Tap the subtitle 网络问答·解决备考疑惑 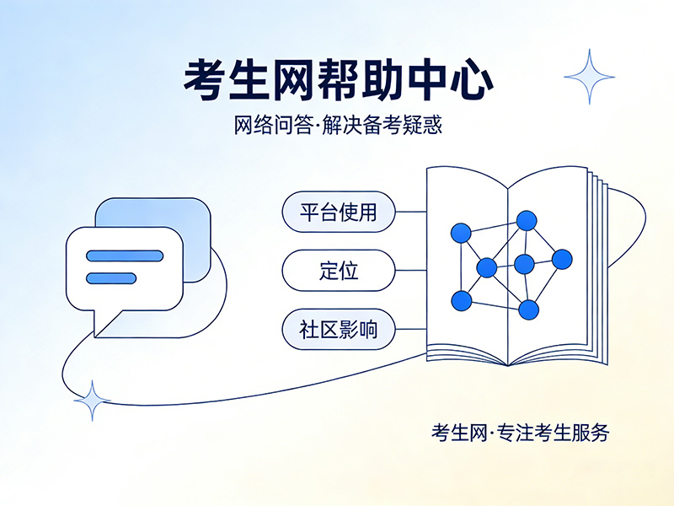(338, 126)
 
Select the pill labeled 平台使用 (338, 212)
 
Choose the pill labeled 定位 (338, 271)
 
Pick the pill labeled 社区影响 (338, 330)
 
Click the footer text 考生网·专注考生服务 (519, 433)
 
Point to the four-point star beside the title (589, 76)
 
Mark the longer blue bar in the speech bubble (123, 256)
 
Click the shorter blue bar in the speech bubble (111, 277)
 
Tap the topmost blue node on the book (527, 221)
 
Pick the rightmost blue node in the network (562, 259)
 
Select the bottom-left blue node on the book (461, 299)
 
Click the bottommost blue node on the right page (528, 310)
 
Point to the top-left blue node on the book (461, 233)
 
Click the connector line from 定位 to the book (410, 271)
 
